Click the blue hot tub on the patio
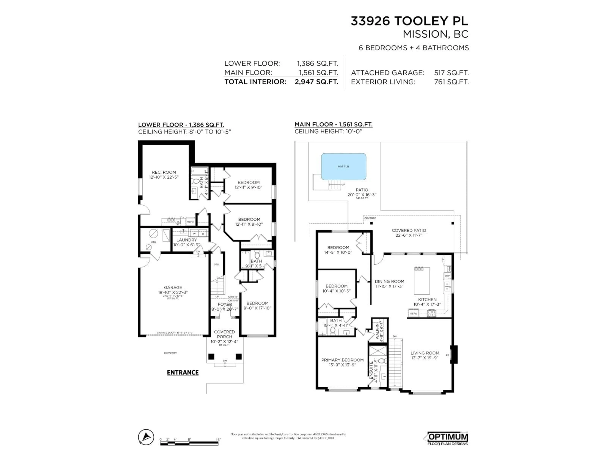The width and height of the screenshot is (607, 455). tap(343, 167)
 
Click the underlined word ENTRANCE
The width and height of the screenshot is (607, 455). tap(183, 372)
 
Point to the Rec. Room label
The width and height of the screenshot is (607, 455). tap(164, 174)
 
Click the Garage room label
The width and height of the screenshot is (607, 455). tap(173, 290)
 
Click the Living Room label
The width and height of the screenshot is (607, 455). tap(425, 355)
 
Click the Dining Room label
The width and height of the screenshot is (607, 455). tap(389, 284)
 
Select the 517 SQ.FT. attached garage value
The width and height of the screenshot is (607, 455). tap(451, 73)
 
